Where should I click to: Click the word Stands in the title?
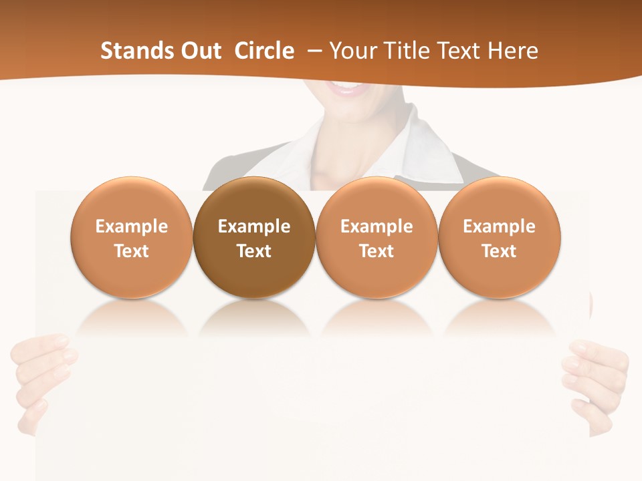pyautogui.click(x=136, y=51)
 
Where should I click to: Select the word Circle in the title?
pyautogui.click(x=264, y=51)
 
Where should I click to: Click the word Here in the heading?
pyautogui.click(x=512, y=51)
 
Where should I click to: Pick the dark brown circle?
pyautogui.click(x=254, y=236)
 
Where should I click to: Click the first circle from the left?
pyautogui.click(x=132, y=236)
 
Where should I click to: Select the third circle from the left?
pyautogui.click(x=377, y=236)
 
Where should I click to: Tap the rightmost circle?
pyautogui.click(x=500, y=236)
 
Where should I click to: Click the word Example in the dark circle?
pyautogui.click(x=254, y=226)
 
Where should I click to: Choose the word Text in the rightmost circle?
pyautogui.click(x=500, y=251)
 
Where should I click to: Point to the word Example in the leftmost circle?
pyautogui.click(x=132, y=226)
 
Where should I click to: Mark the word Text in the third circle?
pyautogui.click(x=377, y=251)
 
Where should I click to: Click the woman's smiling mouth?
pyautogui.click(x=348, y=89)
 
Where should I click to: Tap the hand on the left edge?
pyautogui.click(x=40, y=374)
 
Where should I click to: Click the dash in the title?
pyautogui.click(x=314, y=51)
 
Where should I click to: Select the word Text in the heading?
pyautogui.click(x=462, y=51)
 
